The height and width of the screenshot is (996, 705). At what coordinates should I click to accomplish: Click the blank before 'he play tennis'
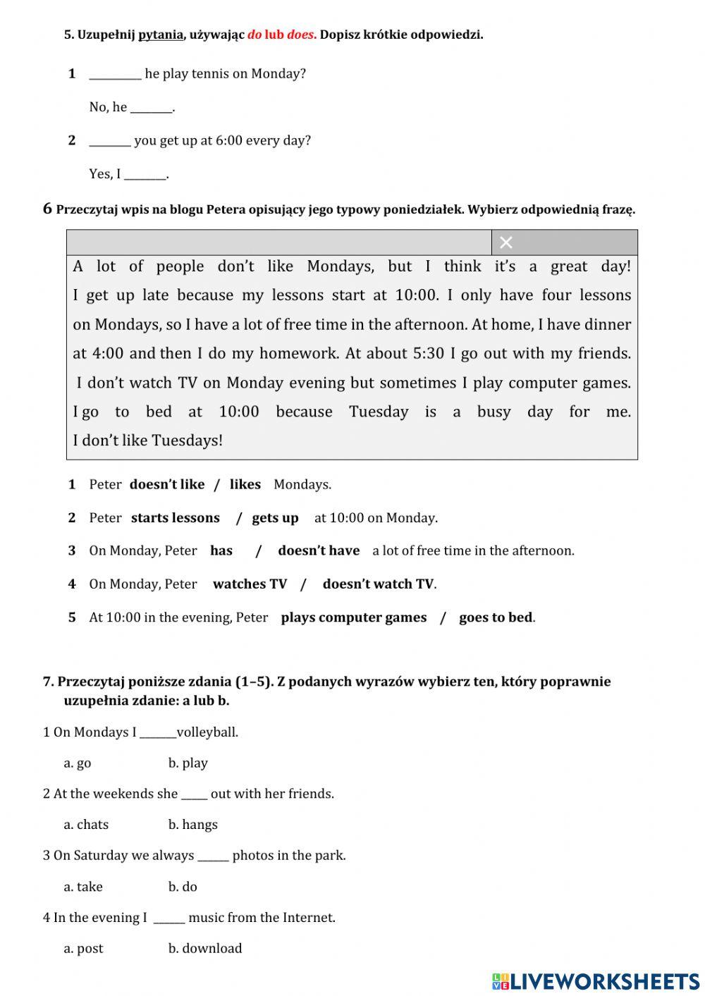115,75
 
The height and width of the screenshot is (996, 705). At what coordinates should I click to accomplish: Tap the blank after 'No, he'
152,108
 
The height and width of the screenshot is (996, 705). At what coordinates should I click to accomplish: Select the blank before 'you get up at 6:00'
110,141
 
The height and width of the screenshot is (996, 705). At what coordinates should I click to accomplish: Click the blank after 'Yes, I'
145,174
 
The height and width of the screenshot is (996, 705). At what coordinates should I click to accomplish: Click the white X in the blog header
505,242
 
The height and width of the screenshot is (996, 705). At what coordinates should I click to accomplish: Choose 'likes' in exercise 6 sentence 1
245,485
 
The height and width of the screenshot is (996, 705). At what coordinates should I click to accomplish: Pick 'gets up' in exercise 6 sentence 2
275,518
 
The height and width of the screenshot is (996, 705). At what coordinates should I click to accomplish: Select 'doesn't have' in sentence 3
318,551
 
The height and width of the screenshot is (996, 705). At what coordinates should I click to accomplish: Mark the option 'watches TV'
250,584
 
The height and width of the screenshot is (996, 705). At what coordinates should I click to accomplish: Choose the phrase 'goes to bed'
496,618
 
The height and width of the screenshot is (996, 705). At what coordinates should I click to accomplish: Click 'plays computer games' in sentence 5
353,618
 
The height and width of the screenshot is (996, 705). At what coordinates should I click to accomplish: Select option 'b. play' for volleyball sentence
188,763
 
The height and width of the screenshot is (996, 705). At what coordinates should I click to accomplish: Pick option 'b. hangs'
192,825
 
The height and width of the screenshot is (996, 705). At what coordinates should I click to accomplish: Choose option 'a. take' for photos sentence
83,887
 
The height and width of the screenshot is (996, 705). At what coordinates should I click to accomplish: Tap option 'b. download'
204,949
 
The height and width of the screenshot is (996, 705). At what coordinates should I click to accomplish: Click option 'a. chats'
86,825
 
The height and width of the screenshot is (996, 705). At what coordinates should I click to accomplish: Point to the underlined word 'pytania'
161,35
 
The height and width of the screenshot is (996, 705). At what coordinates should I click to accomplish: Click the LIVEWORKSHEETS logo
596,981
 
